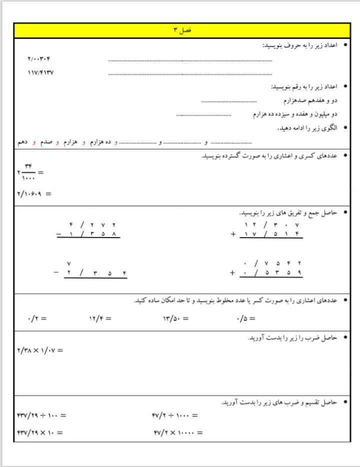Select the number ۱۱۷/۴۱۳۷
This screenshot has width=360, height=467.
(40, 72)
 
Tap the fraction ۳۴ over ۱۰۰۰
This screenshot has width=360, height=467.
(28, 172)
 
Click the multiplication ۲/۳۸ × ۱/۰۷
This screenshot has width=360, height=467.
(40, 350)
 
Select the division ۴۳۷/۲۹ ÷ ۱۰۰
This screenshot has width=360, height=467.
(41, 415)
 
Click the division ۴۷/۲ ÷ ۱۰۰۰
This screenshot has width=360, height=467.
(175, 415)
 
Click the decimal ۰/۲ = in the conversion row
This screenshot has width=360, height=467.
(37, 318)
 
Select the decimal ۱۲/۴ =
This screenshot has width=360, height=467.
(99, 318)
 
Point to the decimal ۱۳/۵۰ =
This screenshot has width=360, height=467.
(175, 318)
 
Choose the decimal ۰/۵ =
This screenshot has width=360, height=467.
(245, 318)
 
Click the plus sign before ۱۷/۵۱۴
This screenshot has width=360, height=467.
(232, 234)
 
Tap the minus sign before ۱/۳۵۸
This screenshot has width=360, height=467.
(59, 234)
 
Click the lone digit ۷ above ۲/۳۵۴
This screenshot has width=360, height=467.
(69, 263)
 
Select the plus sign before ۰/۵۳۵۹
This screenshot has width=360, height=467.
(232, 273)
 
